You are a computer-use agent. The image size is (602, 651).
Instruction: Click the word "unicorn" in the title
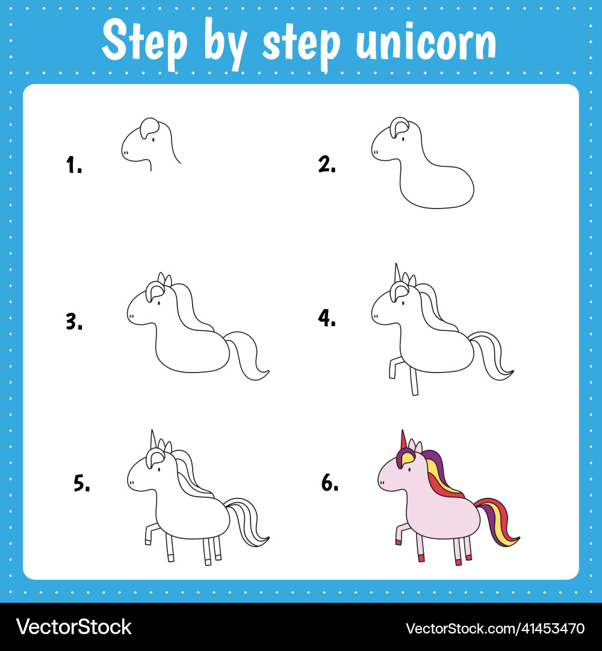click(426, 42)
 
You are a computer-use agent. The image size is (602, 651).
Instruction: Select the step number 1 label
click(74, 165)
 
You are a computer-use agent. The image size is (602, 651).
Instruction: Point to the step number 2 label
click(327, 163)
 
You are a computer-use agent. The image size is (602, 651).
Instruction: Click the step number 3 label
click(74, 322)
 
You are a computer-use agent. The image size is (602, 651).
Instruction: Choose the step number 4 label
click(327, 318)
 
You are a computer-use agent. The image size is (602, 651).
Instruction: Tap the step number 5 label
click(82, 483)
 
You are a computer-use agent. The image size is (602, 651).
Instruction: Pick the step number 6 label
click(330, 482)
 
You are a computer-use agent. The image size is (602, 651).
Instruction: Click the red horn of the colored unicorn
click(403, 441)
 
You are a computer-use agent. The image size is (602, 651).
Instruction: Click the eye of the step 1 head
click(152, 139)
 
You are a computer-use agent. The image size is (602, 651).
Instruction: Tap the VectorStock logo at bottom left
click(73, 627)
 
